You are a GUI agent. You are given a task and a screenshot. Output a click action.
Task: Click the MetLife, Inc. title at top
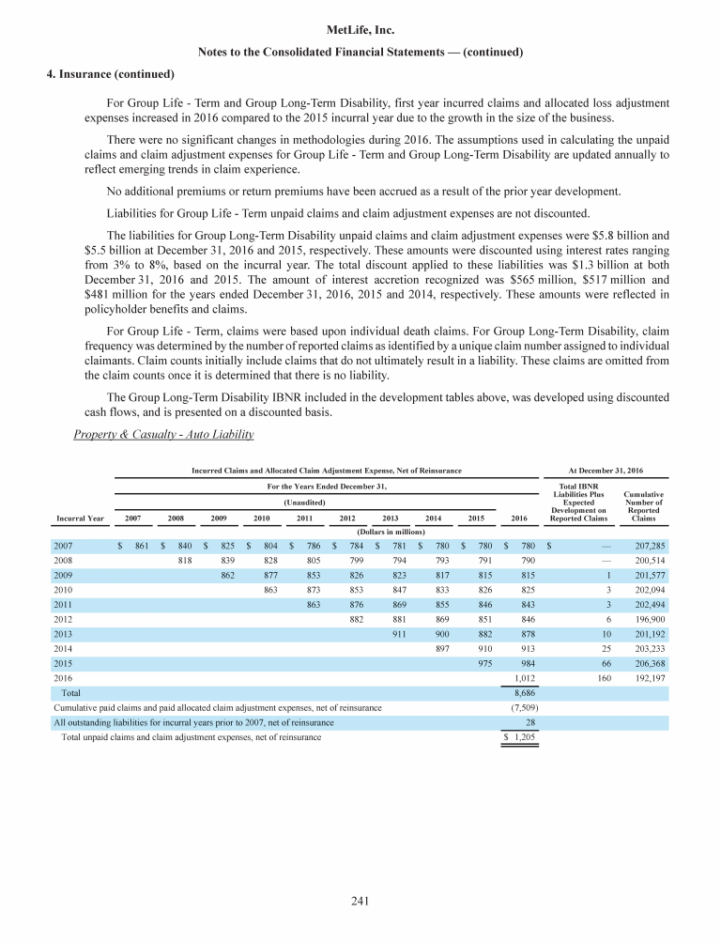tap(360, 30)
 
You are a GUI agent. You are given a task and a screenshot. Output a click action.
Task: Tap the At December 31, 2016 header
tap(606, 470)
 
